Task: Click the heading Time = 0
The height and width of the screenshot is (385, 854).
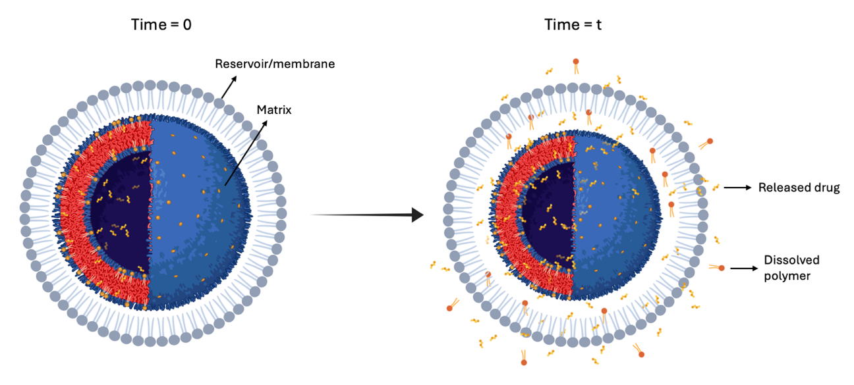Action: (161, 25)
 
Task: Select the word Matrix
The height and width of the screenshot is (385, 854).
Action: (275, 110)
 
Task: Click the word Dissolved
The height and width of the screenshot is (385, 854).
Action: (786, 260)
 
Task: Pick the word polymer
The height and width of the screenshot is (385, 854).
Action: (787, 276)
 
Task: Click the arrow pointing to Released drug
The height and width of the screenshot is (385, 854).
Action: (736, 188)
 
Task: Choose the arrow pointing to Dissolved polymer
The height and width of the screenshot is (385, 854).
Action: (743, 268)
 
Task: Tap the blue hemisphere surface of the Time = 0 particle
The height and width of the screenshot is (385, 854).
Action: (198, 211)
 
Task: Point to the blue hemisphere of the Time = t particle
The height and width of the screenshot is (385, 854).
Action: (616, 211)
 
